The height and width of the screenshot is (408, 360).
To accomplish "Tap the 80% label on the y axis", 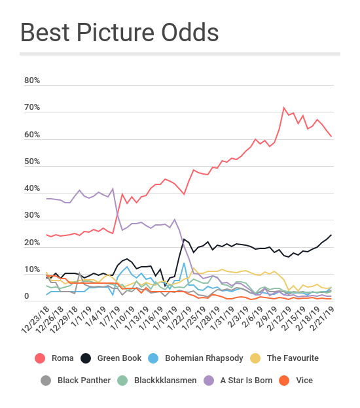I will click(x=32, y=80).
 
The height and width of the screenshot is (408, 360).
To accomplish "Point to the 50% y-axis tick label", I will click(x=32, y=162).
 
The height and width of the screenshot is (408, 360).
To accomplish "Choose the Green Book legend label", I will click(x=110, y=358).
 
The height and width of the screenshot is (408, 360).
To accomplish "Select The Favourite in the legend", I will click(x=293, y=358).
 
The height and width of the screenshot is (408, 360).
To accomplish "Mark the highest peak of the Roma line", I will click(x=284, y=108).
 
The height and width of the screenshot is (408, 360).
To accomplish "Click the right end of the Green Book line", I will click(x=331, y=235).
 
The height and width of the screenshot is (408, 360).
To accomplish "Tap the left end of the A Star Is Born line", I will click(x=46, y=198).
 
